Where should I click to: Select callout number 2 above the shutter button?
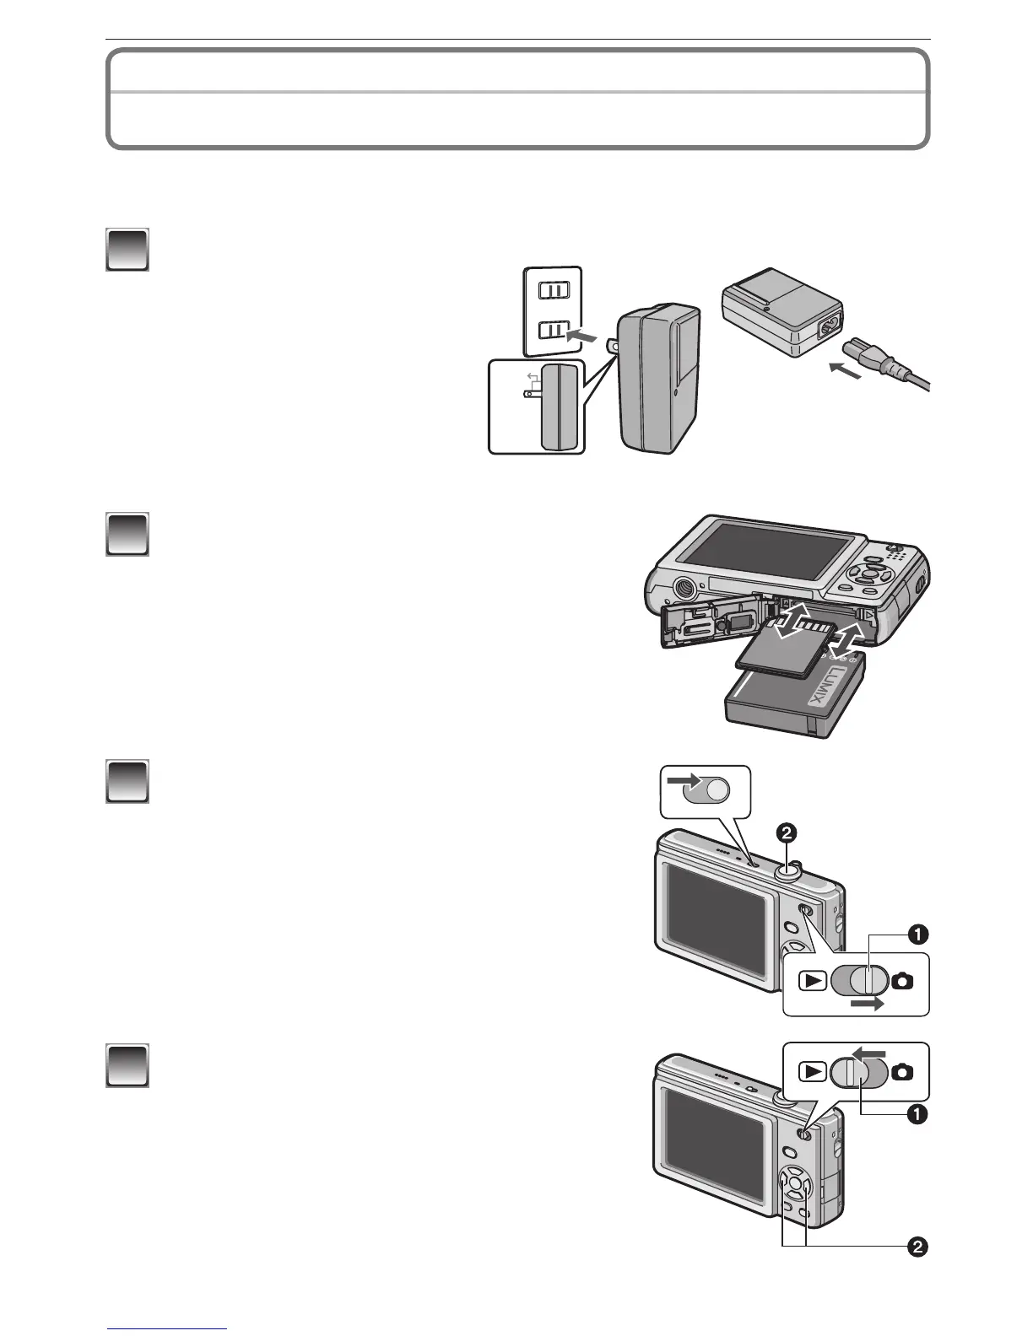(x=786, y=833)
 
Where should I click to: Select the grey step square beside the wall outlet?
(x=127, y=249)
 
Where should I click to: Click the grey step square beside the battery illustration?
(x=127, y=534)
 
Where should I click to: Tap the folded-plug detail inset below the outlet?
(x=538, y=407)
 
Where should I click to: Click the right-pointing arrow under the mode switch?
(x=868, y=1004)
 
